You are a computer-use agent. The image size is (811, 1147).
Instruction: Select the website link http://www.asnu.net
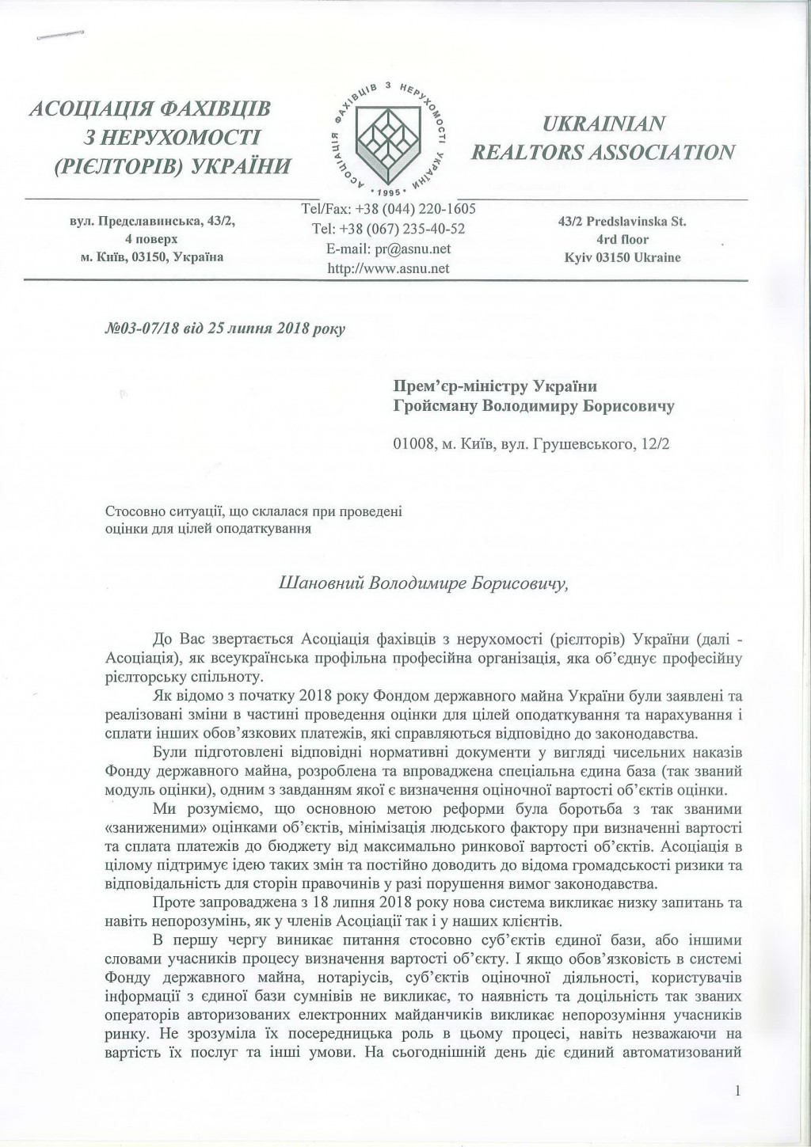(x=388, y=268)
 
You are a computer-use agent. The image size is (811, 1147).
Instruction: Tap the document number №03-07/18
(x=131, y=328)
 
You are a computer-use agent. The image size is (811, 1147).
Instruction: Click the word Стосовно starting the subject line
(x=131, y=512)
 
